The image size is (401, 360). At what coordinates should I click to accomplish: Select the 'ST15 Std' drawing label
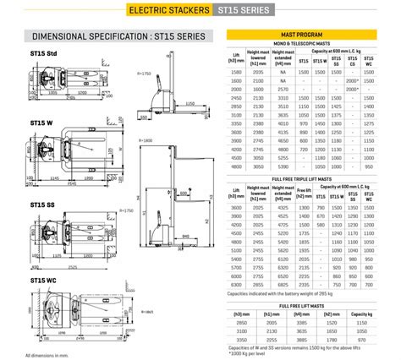[43, 54]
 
